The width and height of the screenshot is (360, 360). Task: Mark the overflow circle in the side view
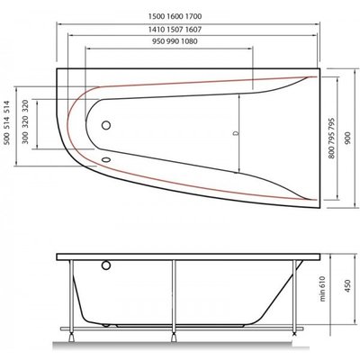click(x=105, y=266)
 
